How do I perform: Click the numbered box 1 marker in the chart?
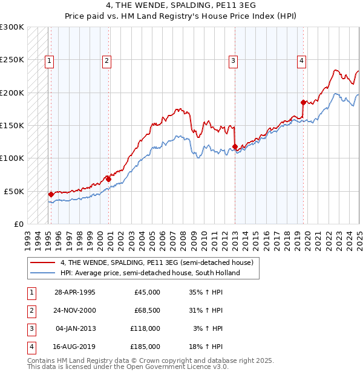(48, 60)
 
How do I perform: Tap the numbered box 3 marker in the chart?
(233, 60)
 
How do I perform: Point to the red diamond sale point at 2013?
(235, 146)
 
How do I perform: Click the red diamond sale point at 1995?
(51, 194)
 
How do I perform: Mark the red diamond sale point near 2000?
(108, 179)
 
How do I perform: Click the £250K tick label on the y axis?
(12, 60)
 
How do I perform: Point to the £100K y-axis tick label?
(12, 158)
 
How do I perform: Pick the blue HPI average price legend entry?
(150, 273)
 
